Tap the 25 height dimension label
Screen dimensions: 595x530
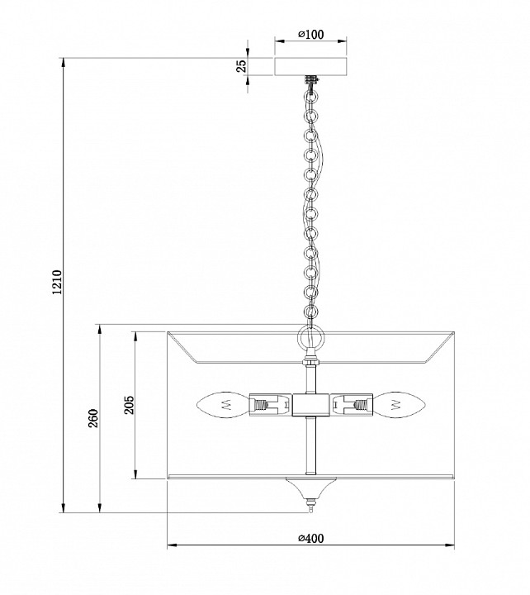[242, 67]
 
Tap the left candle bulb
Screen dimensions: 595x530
[221, 405]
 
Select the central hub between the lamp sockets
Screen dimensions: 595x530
[310, 405]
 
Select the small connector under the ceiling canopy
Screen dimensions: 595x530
[311, 80]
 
